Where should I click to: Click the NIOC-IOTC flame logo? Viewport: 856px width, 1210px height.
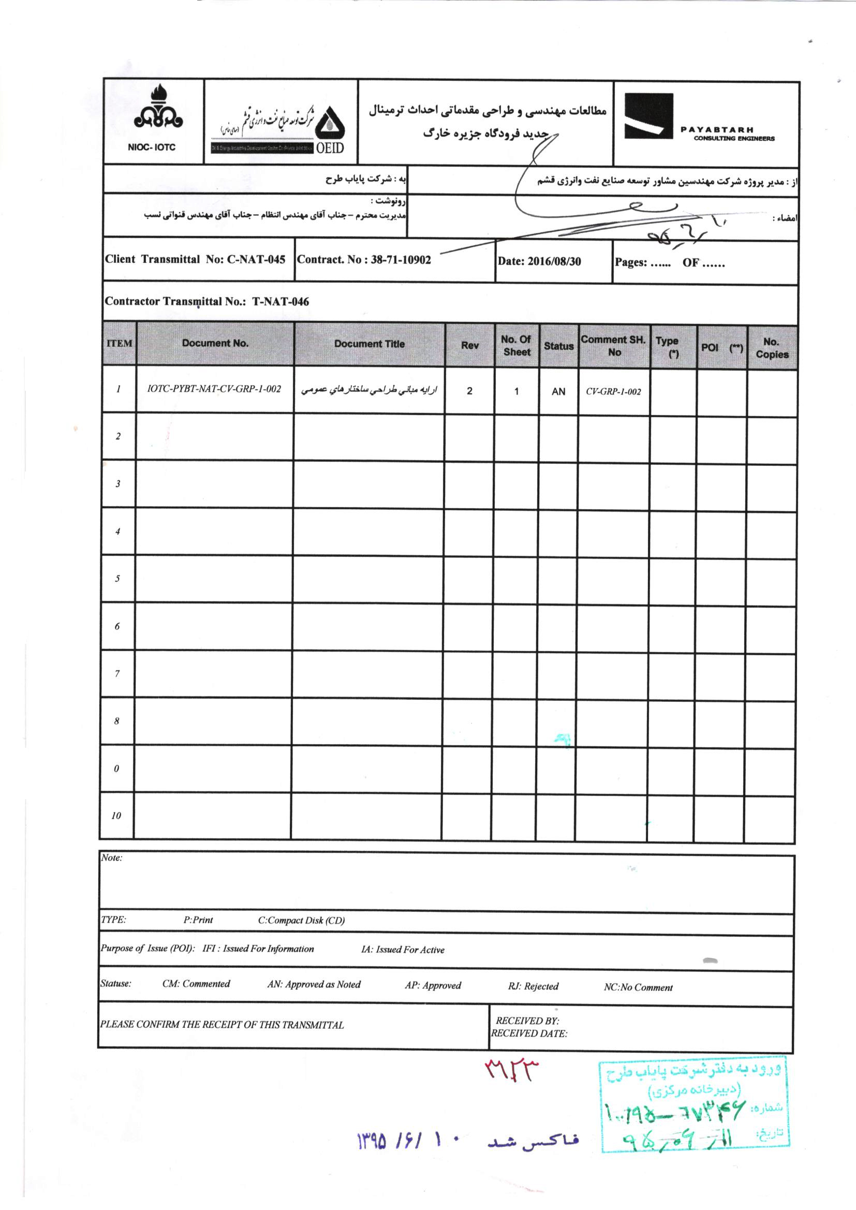[x=158, y=110]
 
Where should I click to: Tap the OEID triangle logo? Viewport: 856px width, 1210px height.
[x=330, y=124]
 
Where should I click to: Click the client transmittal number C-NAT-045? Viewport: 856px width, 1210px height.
[x=256, y=259]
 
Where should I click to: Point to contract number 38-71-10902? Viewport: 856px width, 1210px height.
[x=401, y=260]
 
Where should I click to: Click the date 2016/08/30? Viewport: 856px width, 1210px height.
[x=554, y=261]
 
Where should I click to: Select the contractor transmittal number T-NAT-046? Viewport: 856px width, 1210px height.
[x=281, y=302]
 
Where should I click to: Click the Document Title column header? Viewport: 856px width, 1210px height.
[x=369, y=344]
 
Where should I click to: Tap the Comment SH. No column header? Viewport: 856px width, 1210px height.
[x=614, y=346]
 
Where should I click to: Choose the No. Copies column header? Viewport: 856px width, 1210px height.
[x=772, y=348]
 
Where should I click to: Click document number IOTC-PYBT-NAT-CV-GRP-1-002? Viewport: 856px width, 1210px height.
[x=214, y=389]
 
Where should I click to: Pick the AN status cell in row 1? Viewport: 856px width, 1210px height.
[x=558, y=392]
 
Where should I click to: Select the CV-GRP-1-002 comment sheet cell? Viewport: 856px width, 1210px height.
[x=614, y=392]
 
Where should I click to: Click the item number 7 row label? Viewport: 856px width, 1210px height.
[x=117, y=673]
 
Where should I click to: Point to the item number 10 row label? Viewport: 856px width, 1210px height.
[x=116, y=815]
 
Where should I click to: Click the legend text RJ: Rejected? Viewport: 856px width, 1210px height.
[x=533, y=986]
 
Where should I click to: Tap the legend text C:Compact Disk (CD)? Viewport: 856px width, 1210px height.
[x=301, y=921]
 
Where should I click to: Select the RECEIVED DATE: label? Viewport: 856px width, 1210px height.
[x=529, y=1034]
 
